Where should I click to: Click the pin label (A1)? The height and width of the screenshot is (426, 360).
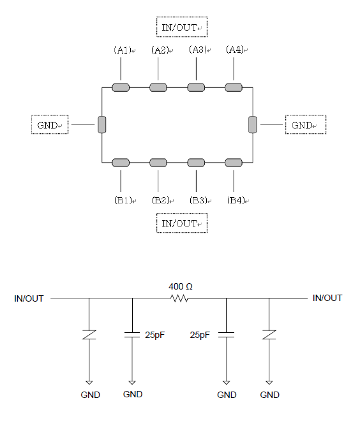click(x=123, y=50)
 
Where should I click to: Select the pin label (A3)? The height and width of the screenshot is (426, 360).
click(x=198, y=50)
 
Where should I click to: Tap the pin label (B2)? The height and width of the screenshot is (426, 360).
click(x=161, y=200)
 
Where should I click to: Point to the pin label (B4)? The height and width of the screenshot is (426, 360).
click(x=236, y=200)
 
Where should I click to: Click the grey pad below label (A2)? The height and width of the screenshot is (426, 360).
click(x=158, y=87)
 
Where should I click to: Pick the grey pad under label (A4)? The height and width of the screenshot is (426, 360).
click(x=234, y=87)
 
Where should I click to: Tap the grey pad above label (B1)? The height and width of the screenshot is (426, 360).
click(x=121, y=163)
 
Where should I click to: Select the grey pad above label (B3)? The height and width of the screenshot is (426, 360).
click(x=196, y=163)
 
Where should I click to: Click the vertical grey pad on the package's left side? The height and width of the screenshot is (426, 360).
click(x=102, y=125)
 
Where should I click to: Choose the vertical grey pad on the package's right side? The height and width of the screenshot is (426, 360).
click(x=253, y=125)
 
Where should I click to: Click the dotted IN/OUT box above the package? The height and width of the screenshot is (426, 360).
click(x=182, y=27)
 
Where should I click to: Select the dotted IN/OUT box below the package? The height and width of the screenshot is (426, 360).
click(x=182, y=223)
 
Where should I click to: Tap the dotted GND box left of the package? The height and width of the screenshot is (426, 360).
click(x=50, y=124)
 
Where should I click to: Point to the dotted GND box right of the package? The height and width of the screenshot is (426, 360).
click(x=306, y=124)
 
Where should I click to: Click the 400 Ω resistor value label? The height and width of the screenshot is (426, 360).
click(x=181, y=286)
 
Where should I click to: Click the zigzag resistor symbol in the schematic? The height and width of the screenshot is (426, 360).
click(x=179, y=298)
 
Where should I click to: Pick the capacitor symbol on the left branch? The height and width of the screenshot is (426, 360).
click(x=132, y=335)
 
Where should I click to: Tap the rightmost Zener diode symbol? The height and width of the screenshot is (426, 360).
click(x=269, y=335)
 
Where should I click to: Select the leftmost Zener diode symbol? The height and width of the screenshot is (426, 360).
click(x=89, y=335)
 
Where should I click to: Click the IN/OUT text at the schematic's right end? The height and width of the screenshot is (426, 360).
click(x=327, y=298)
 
